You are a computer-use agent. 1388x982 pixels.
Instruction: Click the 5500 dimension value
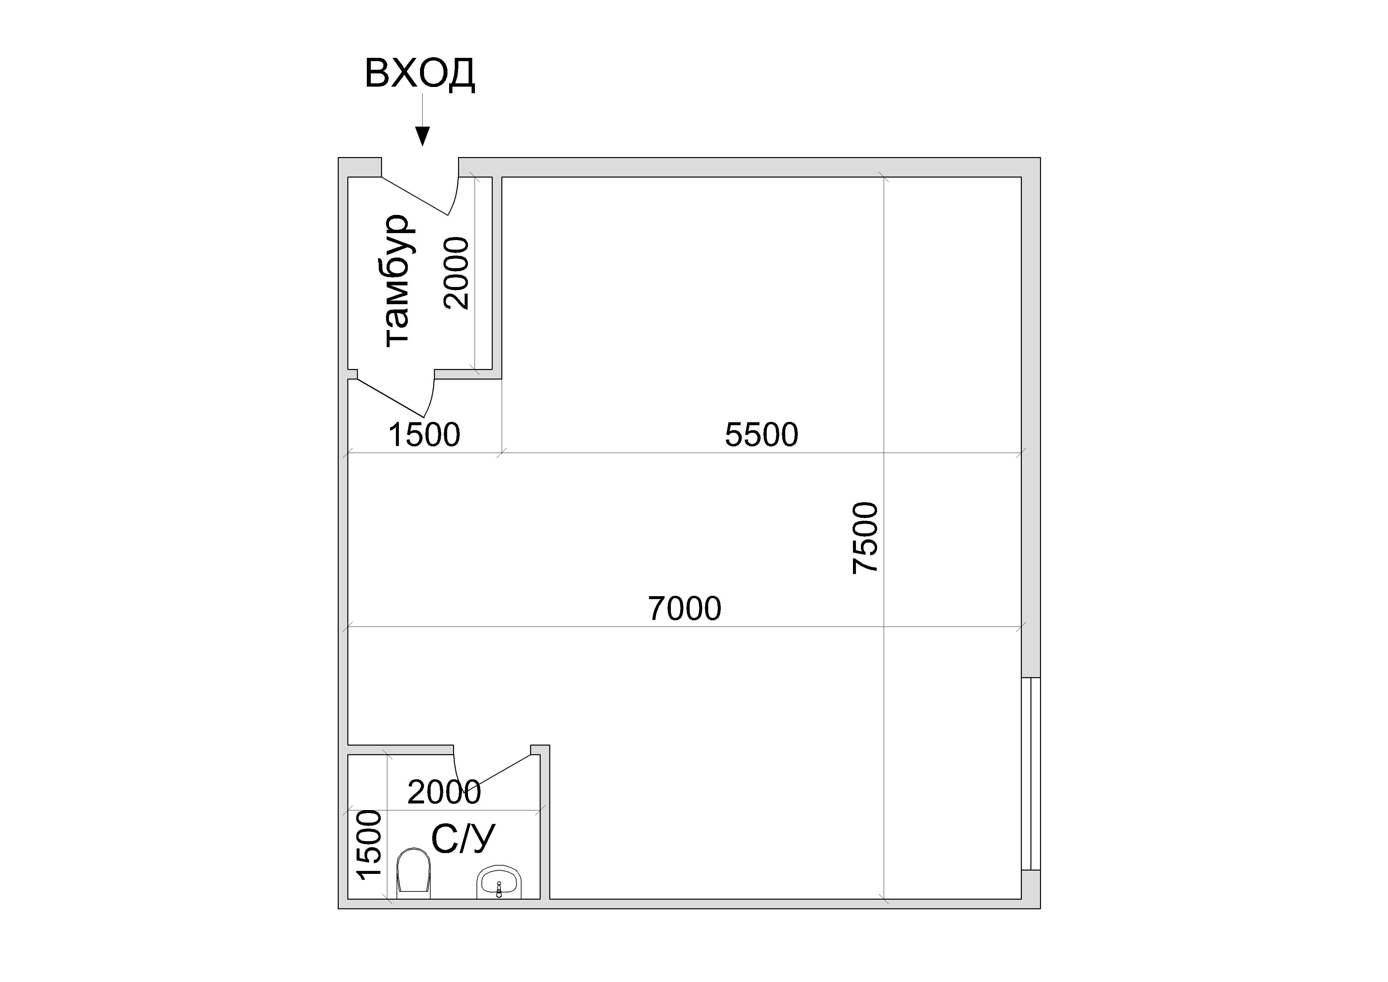click(x=762, y=435)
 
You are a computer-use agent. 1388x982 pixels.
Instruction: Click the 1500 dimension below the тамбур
click(x=424, y=435)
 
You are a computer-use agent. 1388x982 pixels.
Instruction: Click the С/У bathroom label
click(x=463, y=839)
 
